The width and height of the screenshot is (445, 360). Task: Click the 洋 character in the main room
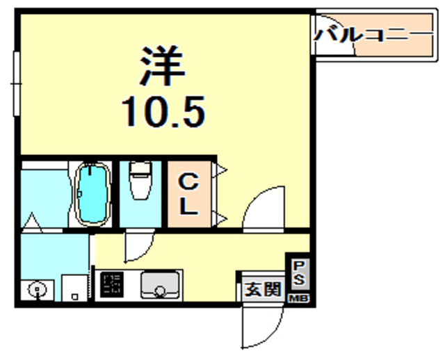click(x=165, y=67)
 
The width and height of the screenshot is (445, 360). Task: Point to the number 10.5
click(x=164, y=111)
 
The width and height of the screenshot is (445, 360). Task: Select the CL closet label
click(x=188, y=195)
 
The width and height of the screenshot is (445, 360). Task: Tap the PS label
click(x=298, y=272)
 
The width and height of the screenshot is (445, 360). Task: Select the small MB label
click(x=298, y=297)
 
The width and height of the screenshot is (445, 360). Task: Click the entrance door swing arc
click(x=263, y=327)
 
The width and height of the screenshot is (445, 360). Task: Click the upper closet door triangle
click(x=221, y=169)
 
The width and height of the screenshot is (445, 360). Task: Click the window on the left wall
click(x=16, y=83)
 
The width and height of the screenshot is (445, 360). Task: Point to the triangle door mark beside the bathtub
click(x=31, y=224)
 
